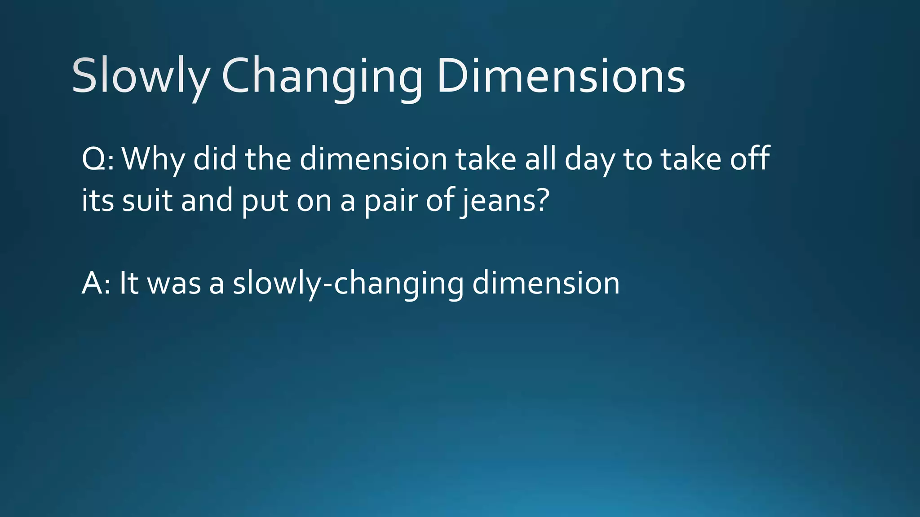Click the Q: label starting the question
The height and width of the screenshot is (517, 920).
(x=97, y=159)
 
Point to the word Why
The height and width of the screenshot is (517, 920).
(x=153, y=159)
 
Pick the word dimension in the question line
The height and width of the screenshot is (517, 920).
(x=373, y=158)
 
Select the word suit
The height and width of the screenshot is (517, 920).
(x=147, y=200)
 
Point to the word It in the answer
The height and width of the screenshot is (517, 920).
(x=128, y=283)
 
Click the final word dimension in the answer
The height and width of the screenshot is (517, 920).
(x=546, y=283)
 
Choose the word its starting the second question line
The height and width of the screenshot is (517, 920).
(x=97, y=200)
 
